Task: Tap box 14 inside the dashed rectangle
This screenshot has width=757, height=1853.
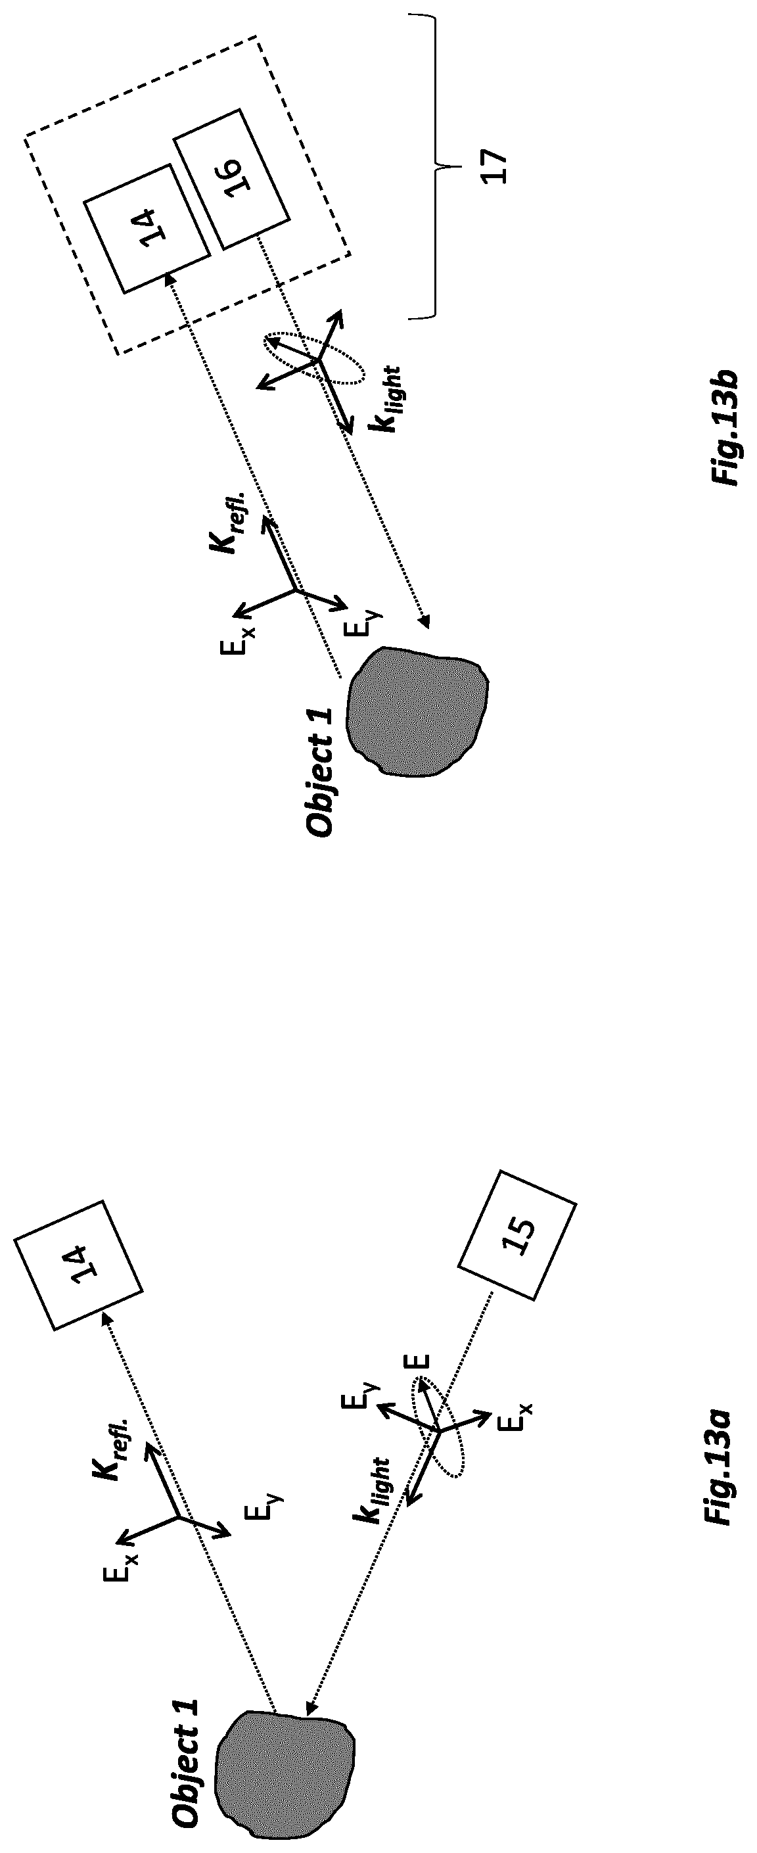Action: click(x=147, y=229)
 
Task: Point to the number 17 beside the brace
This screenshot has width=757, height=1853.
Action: click(x=496, y=167)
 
